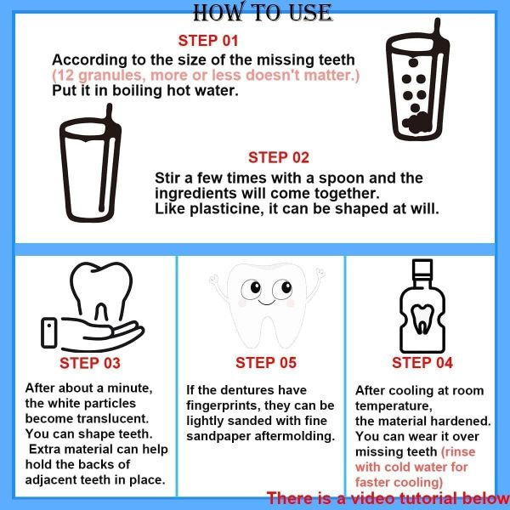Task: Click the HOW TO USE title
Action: point(262,12)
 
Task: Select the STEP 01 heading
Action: point(208,40)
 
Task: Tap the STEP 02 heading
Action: point(278,157)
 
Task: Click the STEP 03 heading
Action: point(90,363)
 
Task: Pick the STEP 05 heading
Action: point(266,363)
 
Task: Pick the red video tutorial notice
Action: point(388,498)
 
